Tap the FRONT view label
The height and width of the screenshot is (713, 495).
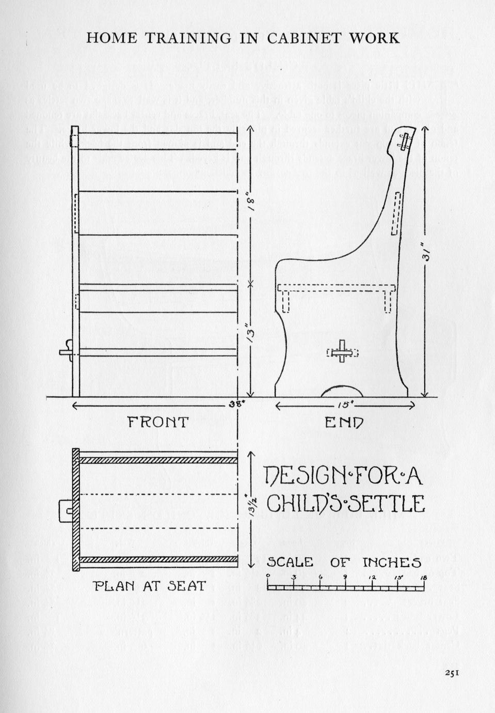point(158,422)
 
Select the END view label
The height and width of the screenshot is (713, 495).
point(344,422)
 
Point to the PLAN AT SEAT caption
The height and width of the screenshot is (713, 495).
point(150,586)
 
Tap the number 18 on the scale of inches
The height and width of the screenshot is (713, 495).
point(423,577)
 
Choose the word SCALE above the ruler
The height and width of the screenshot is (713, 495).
point(290,562)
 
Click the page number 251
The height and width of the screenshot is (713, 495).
point(451,672)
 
